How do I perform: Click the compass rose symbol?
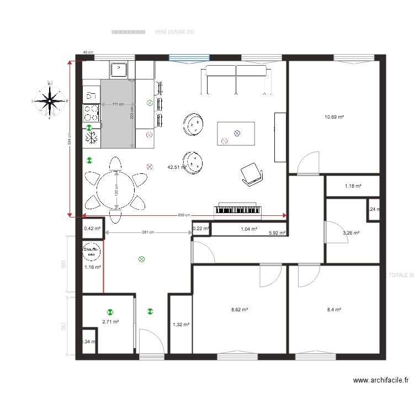[50, 100]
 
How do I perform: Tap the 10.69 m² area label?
[335, 117]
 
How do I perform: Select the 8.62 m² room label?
[239, 310]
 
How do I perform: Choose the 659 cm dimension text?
[184, 215]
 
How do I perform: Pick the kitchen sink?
[119, 70]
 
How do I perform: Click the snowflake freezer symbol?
[92, 139]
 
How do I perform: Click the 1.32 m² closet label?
[181, 325]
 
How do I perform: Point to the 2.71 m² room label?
[110, 321]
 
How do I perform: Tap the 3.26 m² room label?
[351, 233]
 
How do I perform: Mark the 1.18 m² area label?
[353, 186]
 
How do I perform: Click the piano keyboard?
[239, 210]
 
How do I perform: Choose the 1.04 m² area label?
[249, 229]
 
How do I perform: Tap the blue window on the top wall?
[189, 57]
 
